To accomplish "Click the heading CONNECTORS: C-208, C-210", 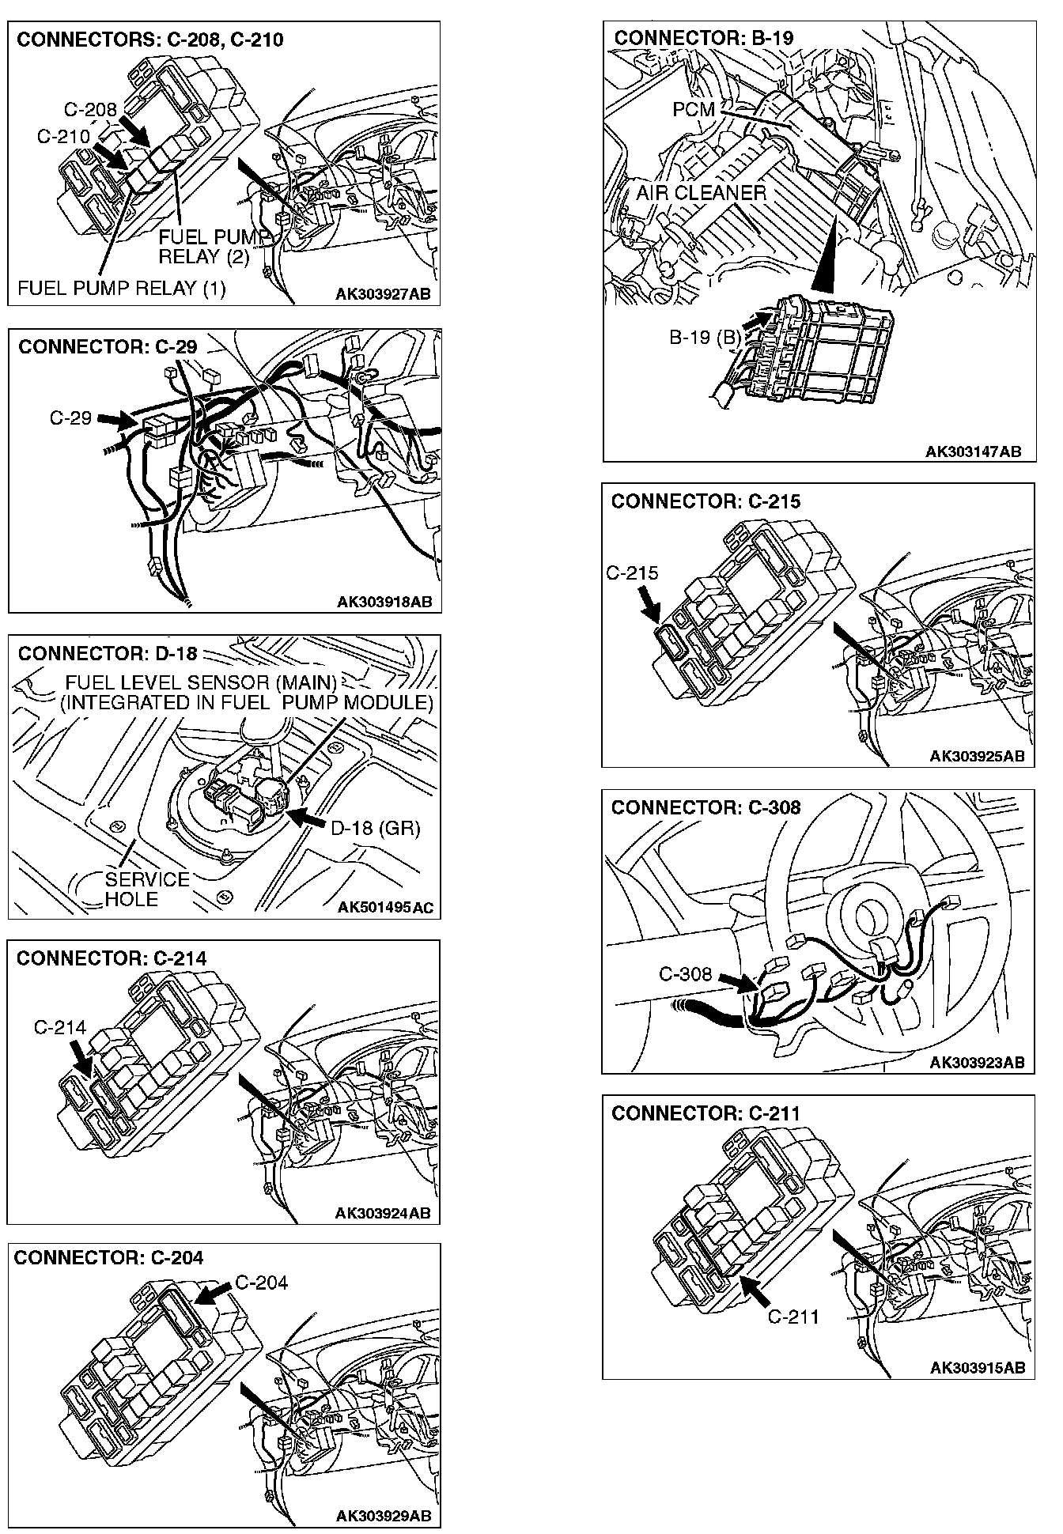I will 149,40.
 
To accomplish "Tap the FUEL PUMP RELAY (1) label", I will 121,289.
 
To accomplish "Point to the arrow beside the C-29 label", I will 117,421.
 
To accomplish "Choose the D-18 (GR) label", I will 374,829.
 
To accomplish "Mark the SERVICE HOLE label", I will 146,889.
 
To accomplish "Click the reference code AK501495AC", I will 384,907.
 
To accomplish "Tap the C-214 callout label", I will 59,1027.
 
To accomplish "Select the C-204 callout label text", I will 262,1282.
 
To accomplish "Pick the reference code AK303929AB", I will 383,1516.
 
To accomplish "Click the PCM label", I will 693,109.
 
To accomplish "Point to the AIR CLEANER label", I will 701,193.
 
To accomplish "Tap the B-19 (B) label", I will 706,338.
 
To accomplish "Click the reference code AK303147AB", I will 973,452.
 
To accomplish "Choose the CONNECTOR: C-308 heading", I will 706,807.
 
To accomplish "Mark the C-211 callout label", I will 793,1317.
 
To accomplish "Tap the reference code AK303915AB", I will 977,1368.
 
